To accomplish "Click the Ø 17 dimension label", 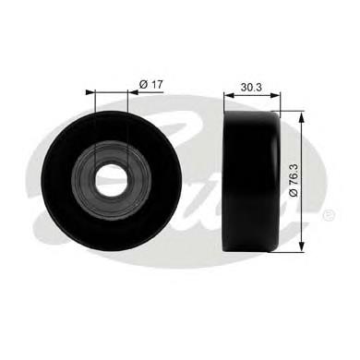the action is [150, 84].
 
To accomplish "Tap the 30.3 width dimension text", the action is [251, 88].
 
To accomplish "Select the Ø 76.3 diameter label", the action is [294, 180].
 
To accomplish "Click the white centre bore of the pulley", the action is [111, 180].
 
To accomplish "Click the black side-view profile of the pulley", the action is [252, 182].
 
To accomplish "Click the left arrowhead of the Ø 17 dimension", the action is [90, 91].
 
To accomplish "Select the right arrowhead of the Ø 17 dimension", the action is [132, 91].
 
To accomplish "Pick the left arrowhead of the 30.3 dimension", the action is [229, 95].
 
